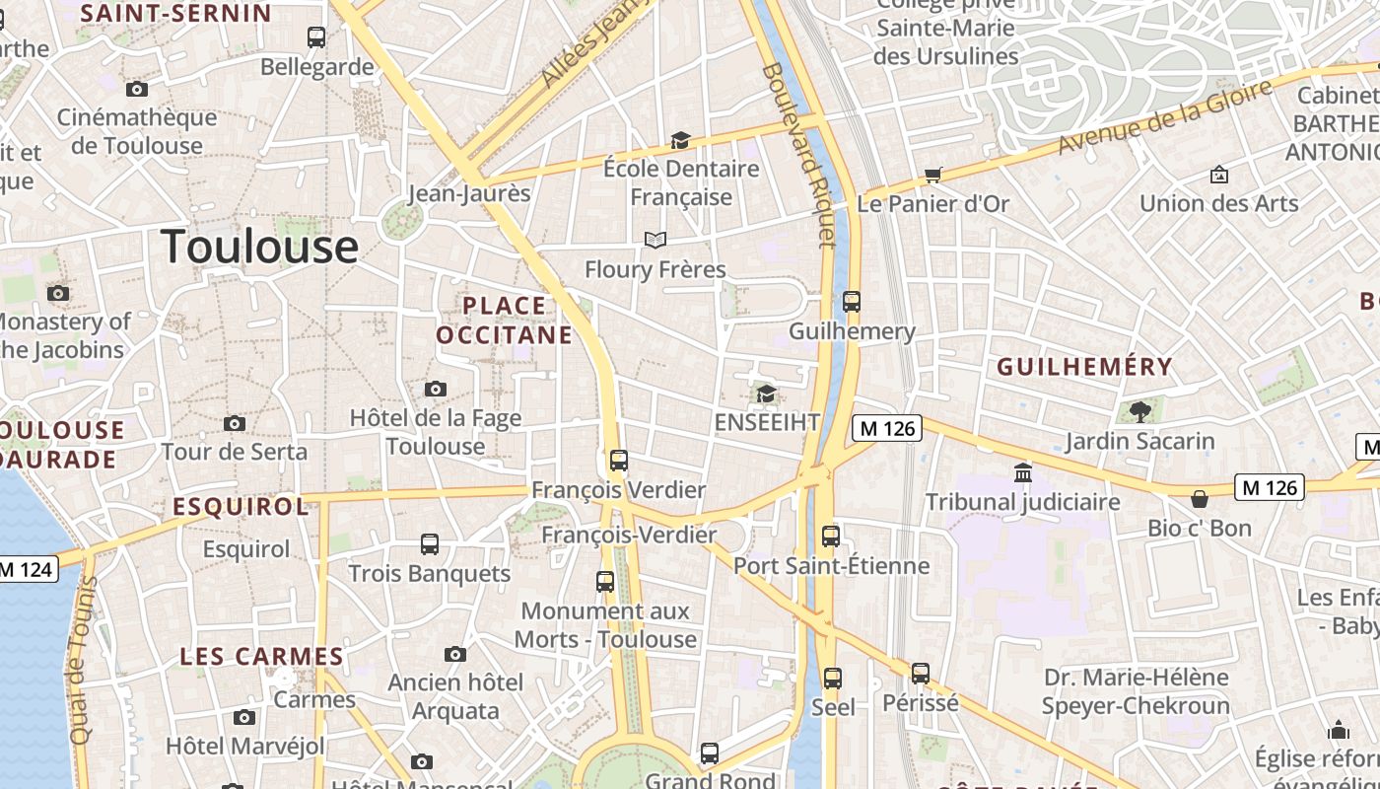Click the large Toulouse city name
(260, 247)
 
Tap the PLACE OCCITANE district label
(504, 321)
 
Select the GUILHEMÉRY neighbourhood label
(1084, 367)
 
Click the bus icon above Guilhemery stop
(852, 302)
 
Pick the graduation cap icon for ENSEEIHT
(766, 394)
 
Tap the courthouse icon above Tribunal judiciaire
(1022, 473)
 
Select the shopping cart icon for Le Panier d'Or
(932, 176)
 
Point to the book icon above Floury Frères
(655, 240)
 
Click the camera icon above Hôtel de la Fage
(435, 390)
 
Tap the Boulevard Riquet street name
(799, 155)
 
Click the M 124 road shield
(28, 569)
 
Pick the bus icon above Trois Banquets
(430, 544)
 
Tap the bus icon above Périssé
(920, 674)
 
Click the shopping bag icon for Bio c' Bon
(1200, 499)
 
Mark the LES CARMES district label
(261, 657)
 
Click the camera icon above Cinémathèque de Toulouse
(137, 90)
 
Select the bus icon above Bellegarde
(316, 37)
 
